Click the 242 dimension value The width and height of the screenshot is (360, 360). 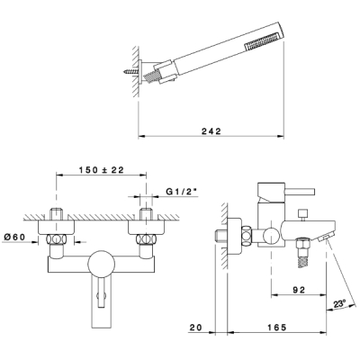coord(211,131)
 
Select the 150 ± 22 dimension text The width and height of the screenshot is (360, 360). coord(102,170)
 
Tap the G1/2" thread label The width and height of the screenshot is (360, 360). coord(183,192)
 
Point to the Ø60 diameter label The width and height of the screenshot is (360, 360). coord(14,237)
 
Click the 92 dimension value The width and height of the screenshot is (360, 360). coord(298,290)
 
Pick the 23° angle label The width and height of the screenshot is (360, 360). coord(339,304)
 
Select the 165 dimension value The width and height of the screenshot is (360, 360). coord(276,327)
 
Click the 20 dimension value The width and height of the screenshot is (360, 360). coord(195,327)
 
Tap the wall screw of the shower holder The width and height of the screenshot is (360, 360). coord(130,72)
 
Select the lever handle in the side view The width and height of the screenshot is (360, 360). coord(300,192)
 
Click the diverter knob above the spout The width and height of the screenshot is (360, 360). coord(301,214)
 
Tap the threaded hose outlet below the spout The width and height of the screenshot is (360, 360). coord(301,253)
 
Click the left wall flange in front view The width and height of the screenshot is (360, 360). coord(56,228)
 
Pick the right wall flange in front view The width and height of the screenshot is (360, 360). coord(146,228)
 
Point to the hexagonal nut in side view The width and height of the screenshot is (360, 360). coord(246,236)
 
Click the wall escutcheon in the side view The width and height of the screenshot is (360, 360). coord(234,236)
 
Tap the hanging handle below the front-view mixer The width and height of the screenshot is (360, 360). coord(101,303)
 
